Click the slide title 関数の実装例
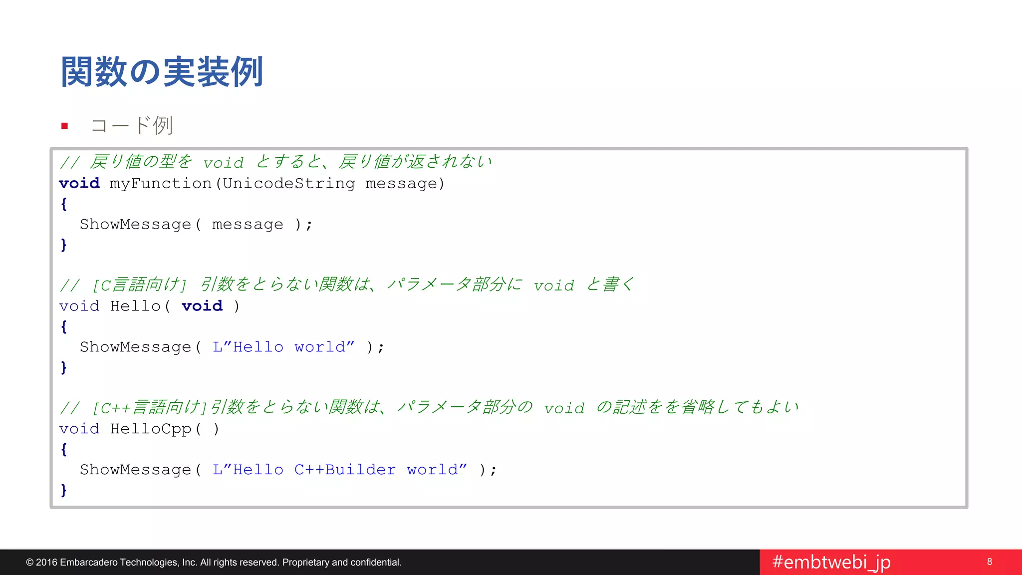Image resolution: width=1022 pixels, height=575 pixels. (162, 72)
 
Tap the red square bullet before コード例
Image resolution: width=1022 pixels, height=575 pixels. (64, 126)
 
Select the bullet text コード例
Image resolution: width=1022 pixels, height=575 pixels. (132, 125)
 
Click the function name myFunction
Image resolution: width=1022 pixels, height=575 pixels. (161, 184)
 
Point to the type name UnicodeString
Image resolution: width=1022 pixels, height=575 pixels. (289, 184)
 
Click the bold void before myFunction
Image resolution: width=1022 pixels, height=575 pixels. (79, 184)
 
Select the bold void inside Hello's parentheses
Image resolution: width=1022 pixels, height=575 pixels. (202, 306)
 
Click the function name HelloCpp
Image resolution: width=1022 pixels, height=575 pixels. (151, 429)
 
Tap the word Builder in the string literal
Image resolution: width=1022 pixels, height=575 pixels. (360, 470)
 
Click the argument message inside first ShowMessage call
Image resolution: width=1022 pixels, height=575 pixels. (248, 225)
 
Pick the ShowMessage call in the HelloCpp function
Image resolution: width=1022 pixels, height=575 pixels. (135, 470)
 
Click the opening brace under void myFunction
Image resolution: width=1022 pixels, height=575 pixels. (64, 204)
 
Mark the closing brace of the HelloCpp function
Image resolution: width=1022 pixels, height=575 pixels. (64, 490)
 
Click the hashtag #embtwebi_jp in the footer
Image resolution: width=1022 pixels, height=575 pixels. (831, 562)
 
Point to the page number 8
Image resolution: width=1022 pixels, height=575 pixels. (990, 562)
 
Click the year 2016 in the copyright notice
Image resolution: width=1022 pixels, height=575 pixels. (46, 563)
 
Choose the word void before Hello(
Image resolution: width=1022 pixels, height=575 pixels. (79, 306)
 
